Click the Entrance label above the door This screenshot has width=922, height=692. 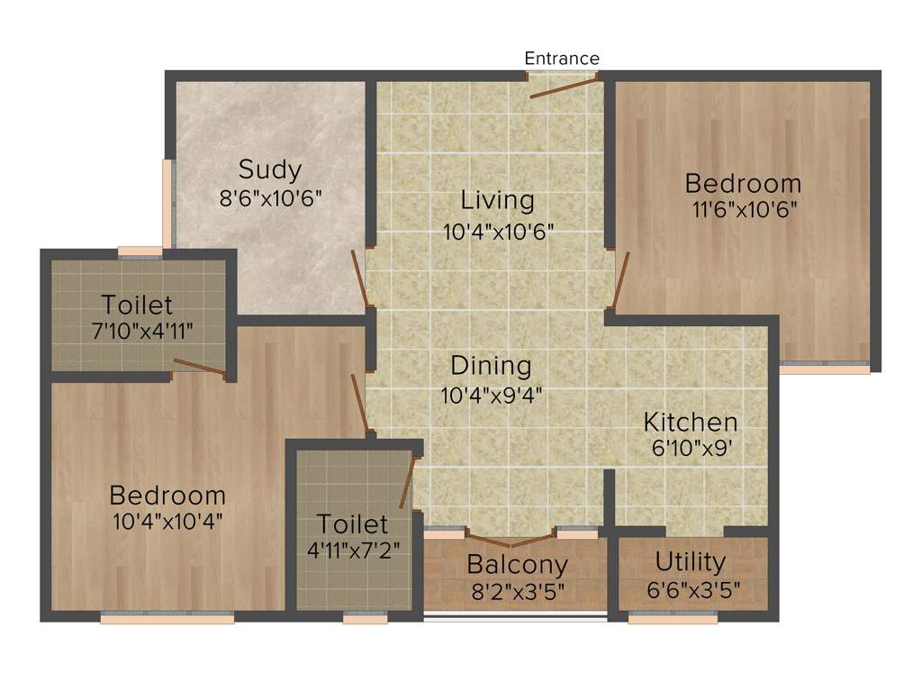[x=562, y=59]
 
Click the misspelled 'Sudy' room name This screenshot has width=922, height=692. [x=270, y=169]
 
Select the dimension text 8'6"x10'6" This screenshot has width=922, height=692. [x=270, y=198]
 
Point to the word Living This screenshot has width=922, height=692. [x=497, y=199]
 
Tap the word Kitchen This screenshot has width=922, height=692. [x=691, y=422]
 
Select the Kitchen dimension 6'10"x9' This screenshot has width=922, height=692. [x=691, y=449]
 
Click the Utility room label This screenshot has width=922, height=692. [x=691, y=562]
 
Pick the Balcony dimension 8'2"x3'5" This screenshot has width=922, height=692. [x=517, y=593]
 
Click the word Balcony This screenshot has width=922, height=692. [x=517, y=565]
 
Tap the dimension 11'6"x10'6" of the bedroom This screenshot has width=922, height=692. [x=743, y=209]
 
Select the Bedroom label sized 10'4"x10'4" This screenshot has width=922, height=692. [x=167, y=495]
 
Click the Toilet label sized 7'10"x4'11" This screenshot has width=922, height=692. [x=137, y=304]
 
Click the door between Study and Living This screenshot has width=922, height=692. [x=358, y=280]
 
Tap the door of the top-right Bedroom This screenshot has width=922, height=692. [x=620, y=280]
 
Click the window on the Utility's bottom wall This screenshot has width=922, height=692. [x=673, y=618]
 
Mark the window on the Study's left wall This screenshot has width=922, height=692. [x=167, y=203]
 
